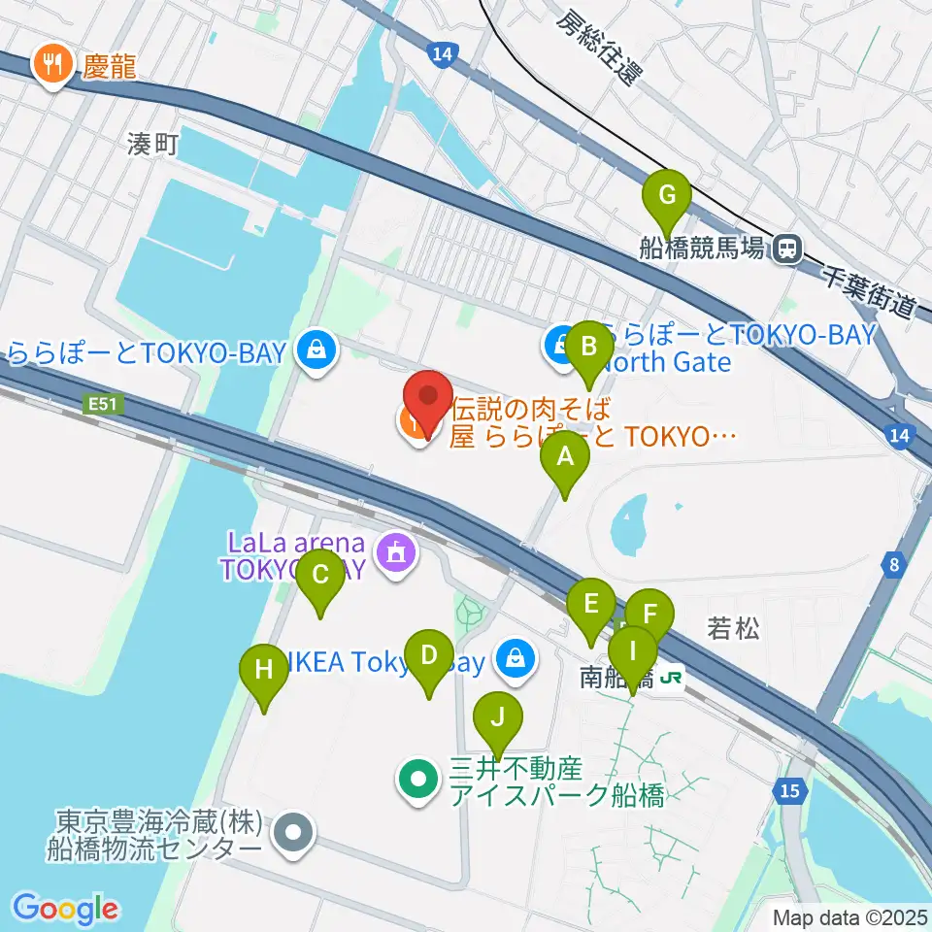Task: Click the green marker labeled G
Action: pos(667,195)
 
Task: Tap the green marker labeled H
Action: pos(263,670)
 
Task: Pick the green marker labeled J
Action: pos(498,719)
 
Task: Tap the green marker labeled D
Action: pos(429,655)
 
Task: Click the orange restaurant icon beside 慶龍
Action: pos(50,65)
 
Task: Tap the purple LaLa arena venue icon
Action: pos(395,553)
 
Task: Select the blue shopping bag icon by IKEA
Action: pos(516,660)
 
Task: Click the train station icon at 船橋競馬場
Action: pos(786,250)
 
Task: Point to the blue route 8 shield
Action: pos(893,564)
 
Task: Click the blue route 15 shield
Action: pos(792,792)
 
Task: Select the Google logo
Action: pos(66,909)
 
